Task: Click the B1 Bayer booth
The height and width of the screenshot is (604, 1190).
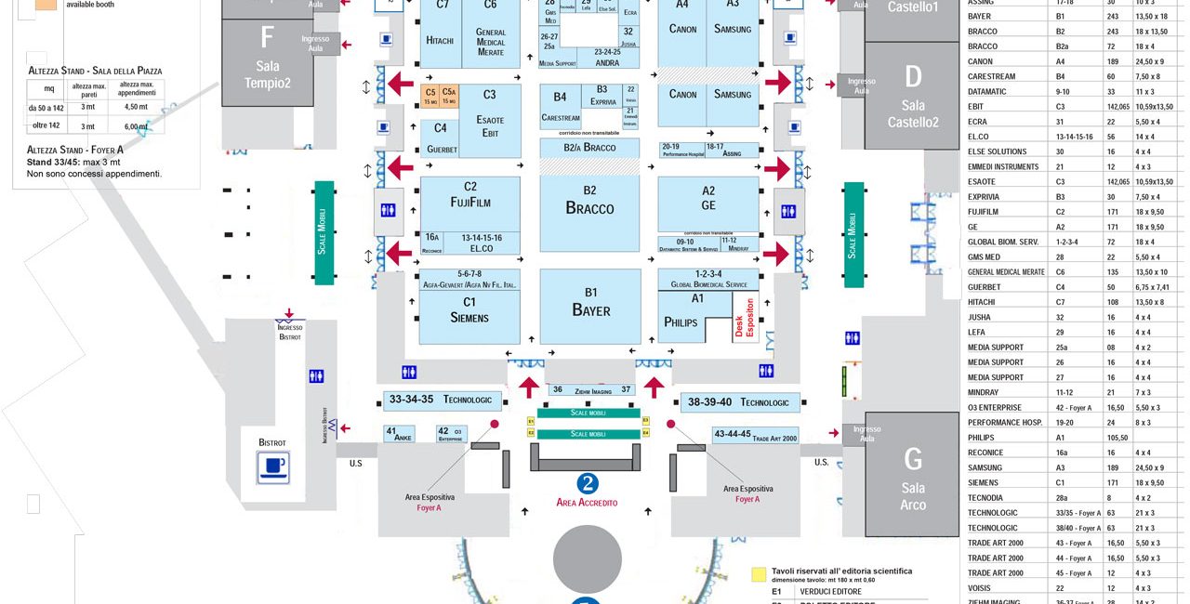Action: tap(590, 306)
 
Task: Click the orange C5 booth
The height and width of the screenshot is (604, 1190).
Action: tap(430, 97)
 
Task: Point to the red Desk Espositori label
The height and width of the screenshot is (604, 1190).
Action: tap(747, 317)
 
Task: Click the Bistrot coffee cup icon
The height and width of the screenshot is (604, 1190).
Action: tap(273, 466)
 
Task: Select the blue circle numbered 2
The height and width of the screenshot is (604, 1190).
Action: tap(587, 483)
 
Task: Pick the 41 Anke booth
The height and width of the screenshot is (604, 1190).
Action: tap(400, 434)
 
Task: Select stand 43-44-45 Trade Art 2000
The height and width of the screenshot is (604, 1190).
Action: tap(755, 435)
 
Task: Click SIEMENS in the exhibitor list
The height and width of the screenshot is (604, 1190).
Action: tap(983, 482)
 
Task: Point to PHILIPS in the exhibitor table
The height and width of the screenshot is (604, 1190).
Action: tap(981, 437)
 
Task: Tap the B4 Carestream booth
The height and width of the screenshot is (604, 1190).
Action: tap(560, 106)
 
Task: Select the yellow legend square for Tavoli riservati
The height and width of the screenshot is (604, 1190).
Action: tap(759, 571)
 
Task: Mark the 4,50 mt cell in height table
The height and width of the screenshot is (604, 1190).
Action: tap(137, 107)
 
